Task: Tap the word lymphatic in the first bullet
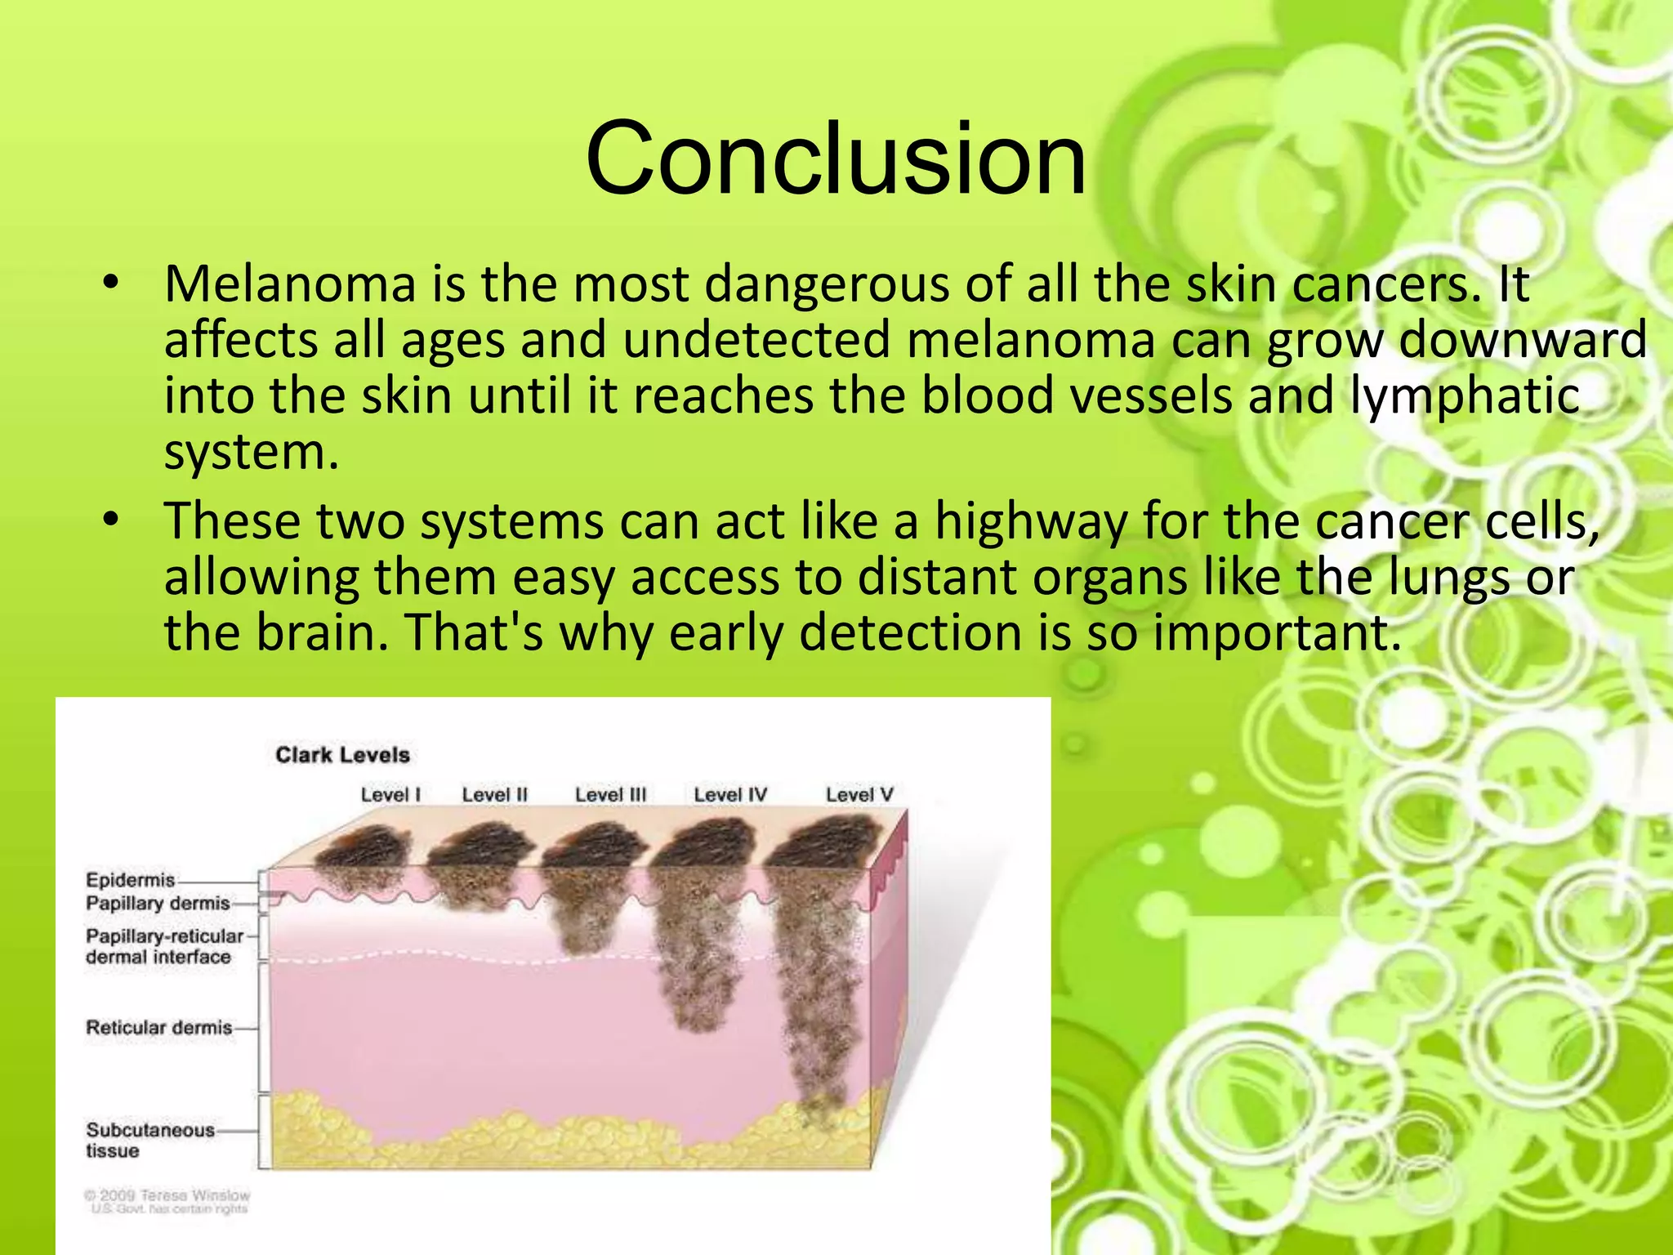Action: (1464, 396)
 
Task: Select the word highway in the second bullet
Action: (1030, 521)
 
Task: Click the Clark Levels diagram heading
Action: (342, 755)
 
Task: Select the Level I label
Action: (390, 794)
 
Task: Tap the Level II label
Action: (494, 794)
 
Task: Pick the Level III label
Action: (609, 794)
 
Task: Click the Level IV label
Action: (729, 794)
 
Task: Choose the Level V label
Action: (859, 794)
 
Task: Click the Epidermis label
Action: (131, 880)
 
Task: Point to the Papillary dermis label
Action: (158, 903)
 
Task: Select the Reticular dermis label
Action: (159, 1027)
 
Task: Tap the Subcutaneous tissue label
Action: (149, 1140)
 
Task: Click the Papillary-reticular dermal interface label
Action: (163, 946)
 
